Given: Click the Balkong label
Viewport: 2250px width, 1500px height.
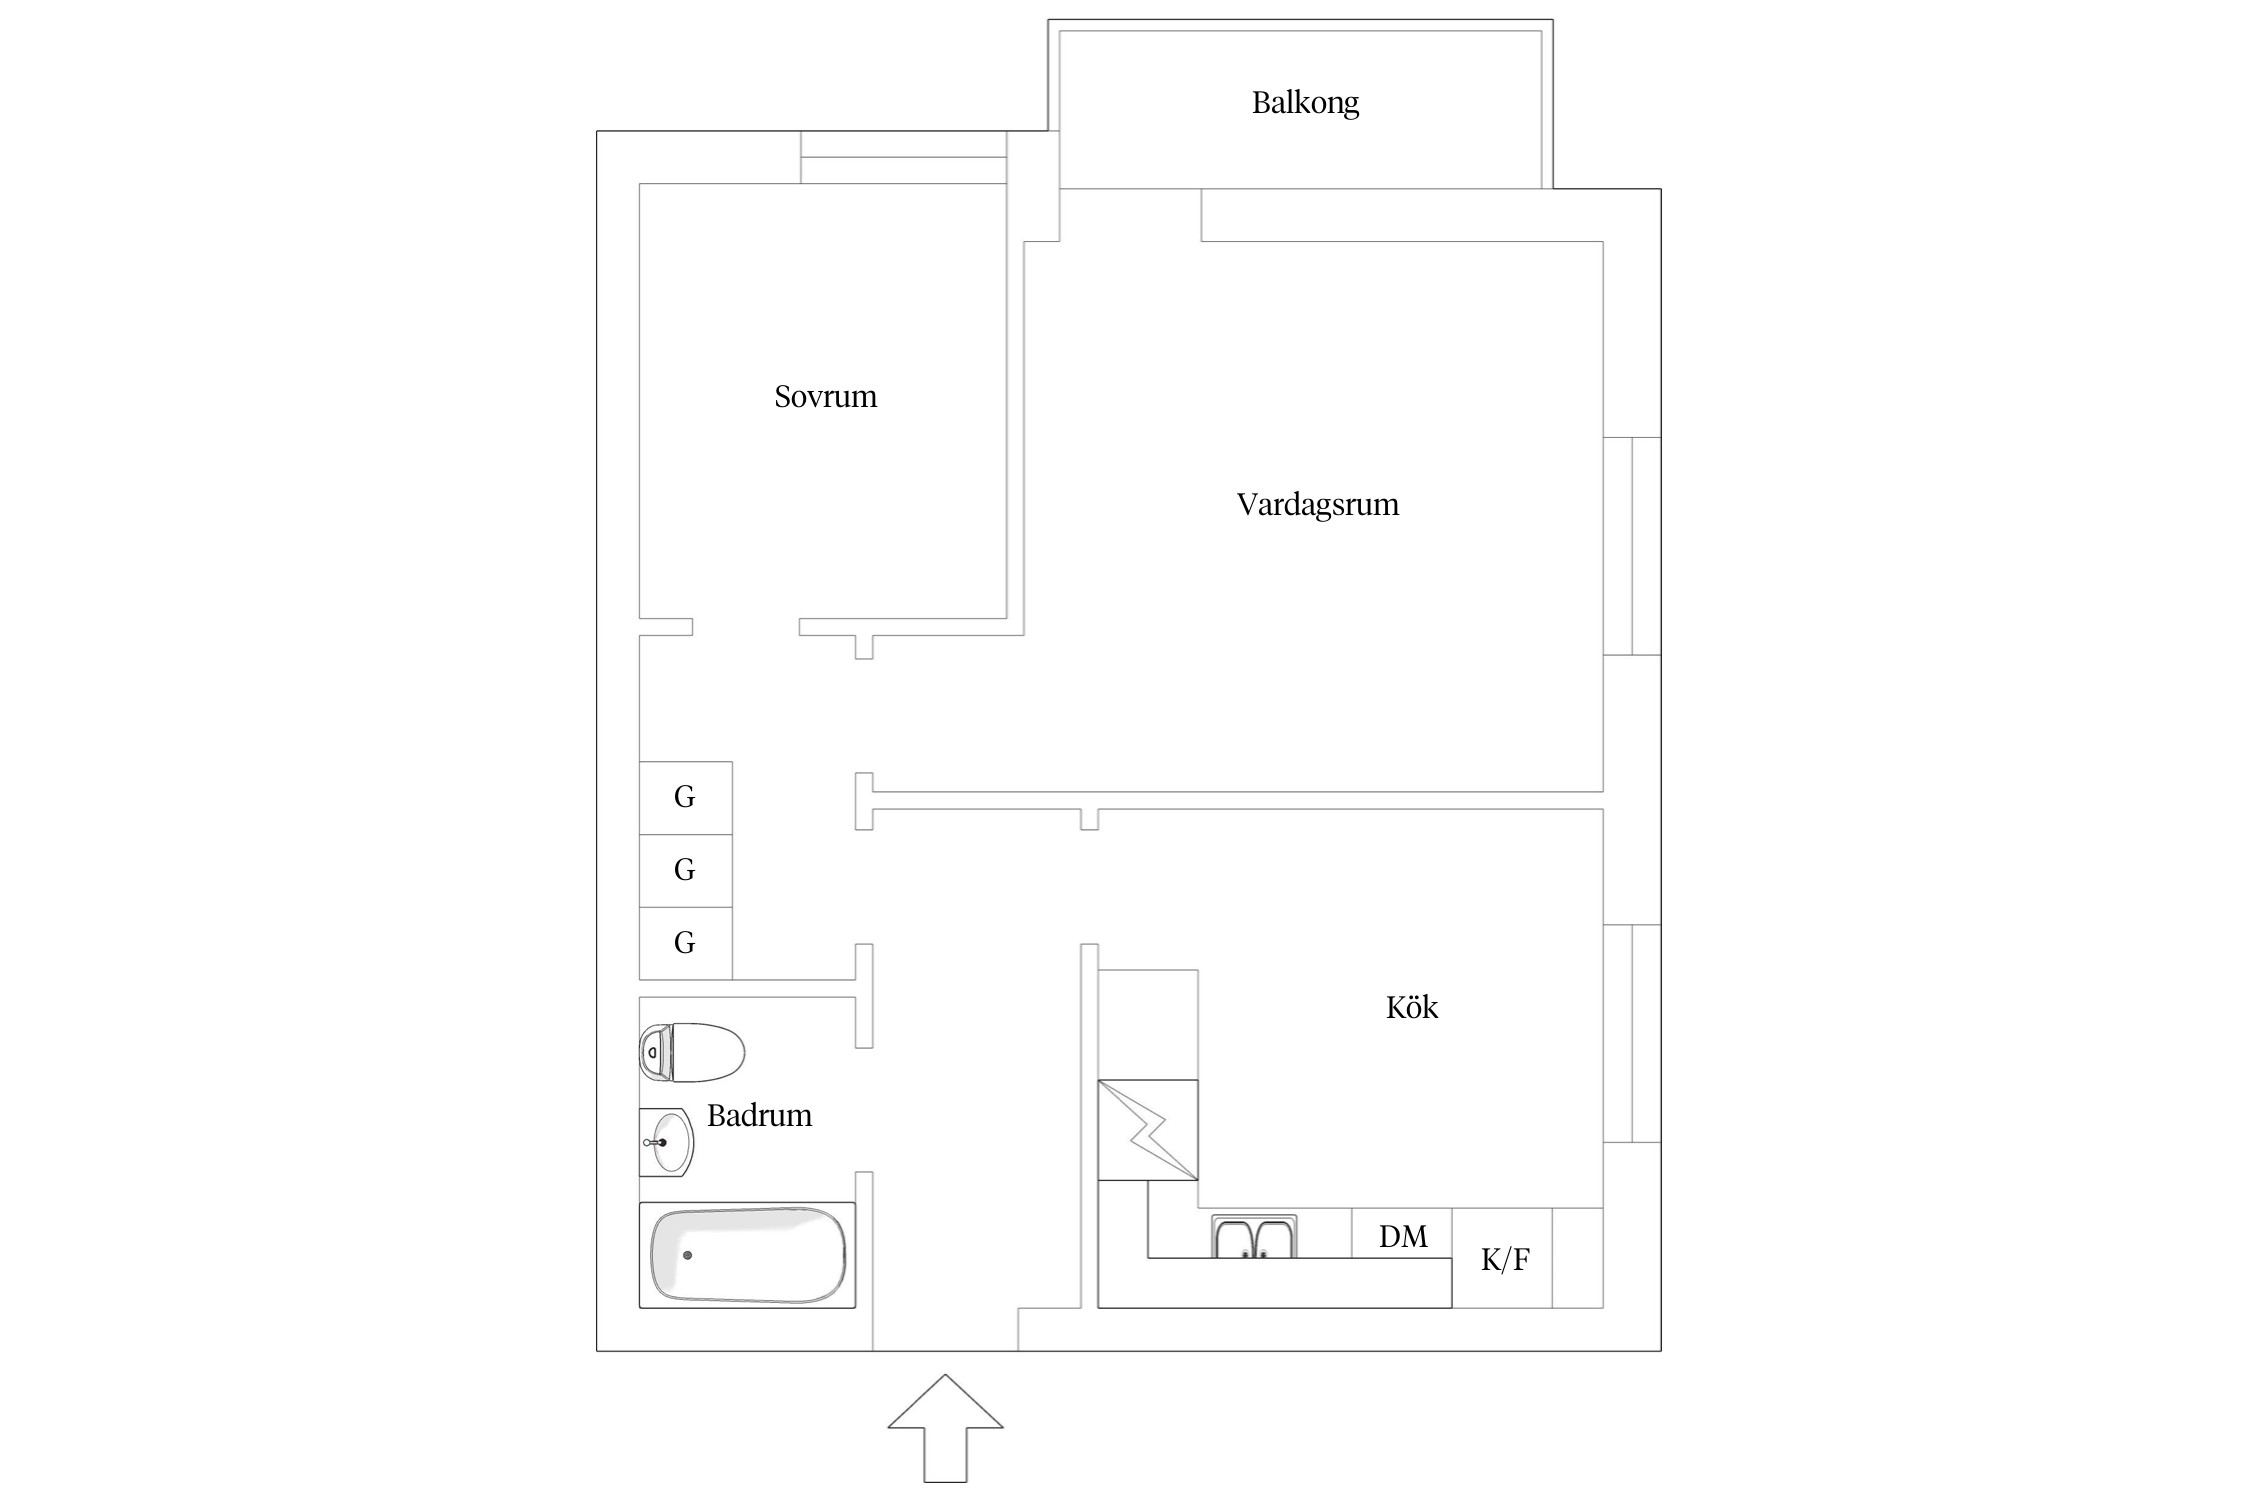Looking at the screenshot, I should click(x=1305, y=103).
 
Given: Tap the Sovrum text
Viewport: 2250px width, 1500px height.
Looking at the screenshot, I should click(x=825, y=397).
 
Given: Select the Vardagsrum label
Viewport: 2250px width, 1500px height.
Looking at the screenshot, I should click(x=1317, y=504).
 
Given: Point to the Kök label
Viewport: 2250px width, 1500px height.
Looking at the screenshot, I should click(x=1411, y=1007).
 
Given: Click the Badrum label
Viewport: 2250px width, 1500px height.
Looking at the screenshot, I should click(x=759, y=1115).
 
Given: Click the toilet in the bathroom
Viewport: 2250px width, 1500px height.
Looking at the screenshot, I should click(x=692, y=1052).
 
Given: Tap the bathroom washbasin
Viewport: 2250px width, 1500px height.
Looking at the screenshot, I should click(x=666, y=1141).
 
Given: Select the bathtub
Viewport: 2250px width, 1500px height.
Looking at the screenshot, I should click(x=747, y=1255).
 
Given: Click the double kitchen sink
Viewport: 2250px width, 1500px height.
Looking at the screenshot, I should click(x=1254, y=1237).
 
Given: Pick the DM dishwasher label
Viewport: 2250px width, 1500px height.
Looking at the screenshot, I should click(x=1402, y=1237).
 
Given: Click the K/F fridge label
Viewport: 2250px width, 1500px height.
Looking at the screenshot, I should click(x=1504, y=1260).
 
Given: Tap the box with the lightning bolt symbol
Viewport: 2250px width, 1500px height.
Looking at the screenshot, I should click(x=1147, y=1130).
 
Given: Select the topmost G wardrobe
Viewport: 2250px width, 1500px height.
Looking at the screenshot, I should click(x=685, y=797).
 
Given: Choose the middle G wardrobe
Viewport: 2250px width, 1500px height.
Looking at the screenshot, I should click(x=685, y=870).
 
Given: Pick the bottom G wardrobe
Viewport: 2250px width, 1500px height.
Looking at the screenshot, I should click(x=685, y=942).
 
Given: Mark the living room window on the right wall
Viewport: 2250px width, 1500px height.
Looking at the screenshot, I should click(x=1632, y=546).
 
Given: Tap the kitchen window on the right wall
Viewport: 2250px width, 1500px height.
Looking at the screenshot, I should click(x=1632, y=1033).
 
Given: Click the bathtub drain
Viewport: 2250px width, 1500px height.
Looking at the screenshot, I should click(x=687, y=1255).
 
